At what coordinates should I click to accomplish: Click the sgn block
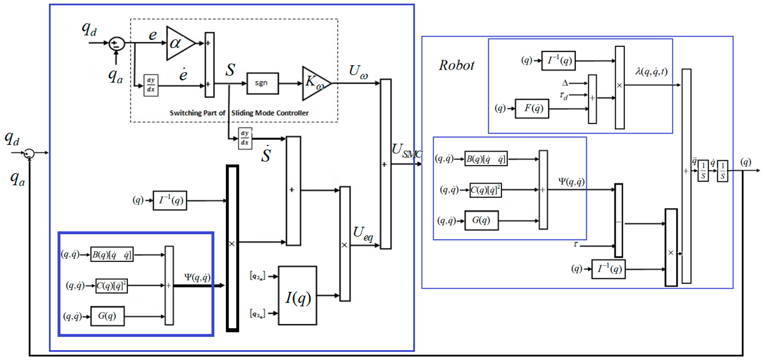[x=262, y=83]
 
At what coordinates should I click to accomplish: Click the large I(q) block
[x=297, y=295]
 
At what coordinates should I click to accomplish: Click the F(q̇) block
[x=532, y=108]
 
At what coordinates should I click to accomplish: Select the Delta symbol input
[x=565, y=83]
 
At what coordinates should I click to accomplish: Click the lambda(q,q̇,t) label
[x=651, y=72]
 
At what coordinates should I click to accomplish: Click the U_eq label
[x=362, y=233]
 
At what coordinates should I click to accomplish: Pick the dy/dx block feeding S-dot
[x=245, y=138]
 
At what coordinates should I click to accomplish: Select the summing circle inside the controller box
[x=117, y=44]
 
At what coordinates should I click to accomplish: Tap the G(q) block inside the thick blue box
[x=107, y=316]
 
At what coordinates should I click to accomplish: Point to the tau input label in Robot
[x=575, y=244]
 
